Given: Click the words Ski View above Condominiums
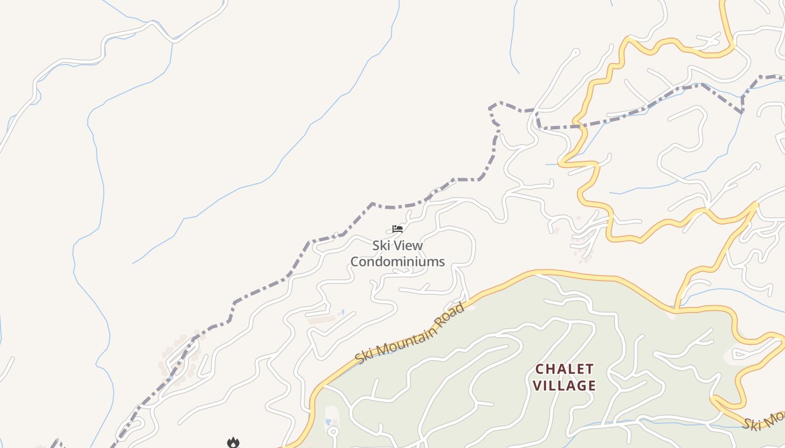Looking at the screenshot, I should [x=398, y=245].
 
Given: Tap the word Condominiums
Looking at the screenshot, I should [x=398, y=262].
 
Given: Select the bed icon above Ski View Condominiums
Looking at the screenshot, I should [x=398, y=228].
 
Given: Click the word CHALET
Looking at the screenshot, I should [x=564, y=369].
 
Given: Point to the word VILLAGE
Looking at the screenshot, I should [x=564, y=385].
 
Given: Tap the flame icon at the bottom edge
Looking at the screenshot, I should [x=233, y=442].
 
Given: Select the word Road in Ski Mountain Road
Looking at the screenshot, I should [x=452, y=312].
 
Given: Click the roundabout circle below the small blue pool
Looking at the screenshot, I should [x=333, y=431].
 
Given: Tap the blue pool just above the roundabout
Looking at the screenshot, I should [x=328, y=421].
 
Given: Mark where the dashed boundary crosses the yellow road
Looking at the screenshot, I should [x=578, y=124].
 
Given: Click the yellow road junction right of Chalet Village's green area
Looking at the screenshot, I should [x=676, y=309].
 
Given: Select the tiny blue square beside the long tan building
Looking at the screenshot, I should [x=343, y=311].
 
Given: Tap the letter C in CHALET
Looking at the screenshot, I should [x=540, y=369].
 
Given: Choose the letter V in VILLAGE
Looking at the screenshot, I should [x=537, y=385].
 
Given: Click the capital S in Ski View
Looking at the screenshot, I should [x=376, y=245].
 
